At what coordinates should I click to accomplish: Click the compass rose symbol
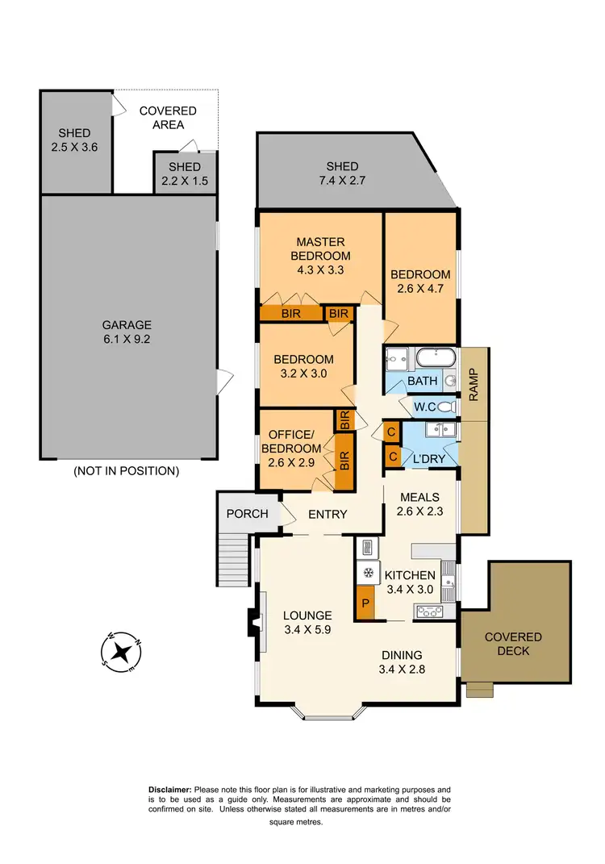[x=121, y=652]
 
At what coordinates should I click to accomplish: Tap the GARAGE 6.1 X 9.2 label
[x=126, y=332]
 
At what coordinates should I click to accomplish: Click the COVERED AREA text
[x=168, y=117]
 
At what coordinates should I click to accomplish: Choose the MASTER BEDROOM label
[x=320, y=256]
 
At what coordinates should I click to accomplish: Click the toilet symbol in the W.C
[x=446, y=408]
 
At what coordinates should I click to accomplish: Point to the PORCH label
[x=247, y=513]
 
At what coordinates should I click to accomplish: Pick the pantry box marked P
[x=365, y=603]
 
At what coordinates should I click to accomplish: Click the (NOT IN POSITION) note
[x=126, y=470]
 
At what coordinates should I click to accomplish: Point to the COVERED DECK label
[x=513, y=643]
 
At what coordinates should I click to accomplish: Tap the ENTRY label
[x=328, y=514]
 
